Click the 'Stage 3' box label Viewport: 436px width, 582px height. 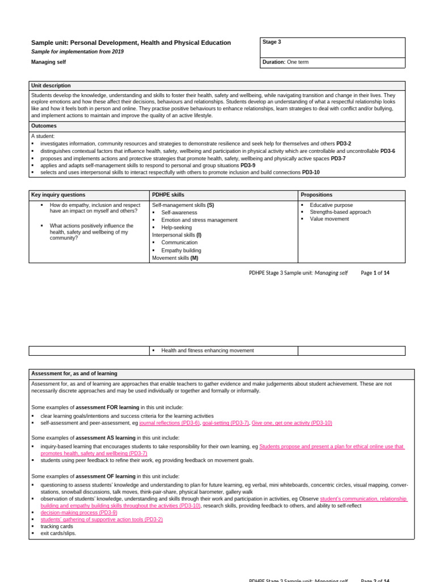point(271,42)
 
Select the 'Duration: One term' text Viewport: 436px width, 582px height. point(286,62)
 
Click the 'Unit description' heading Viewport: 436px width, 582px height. point(51,86)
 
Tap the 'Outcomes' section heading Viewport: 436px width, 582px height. point(44,126)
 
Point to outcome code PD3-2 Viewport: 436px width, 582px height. point(343,144)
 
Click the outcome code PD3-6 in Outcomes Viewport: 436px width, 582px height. point(388,151)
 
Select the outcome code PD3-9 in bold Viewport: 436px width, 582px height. point(248,165)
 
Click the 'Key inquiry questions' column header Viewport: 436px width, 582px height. point(58,195)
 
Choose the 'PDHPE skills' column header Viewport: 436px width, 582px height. point(168,195)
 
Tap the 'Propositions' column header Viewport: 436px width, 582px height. point(316,195)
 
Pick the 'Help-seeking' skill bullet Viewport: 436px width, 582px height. point(177,227)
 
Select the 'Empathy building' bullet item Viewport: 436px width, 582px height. point(181,251)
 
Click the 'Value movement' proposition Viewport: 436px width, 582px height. point(329,219)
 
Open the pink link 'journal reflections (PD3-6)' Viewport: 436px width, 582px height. point(169,423)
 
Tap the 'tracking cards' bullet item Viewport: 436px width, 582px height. point(57,526)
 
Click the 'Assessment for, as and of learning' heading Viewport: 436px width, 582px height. point(74,374)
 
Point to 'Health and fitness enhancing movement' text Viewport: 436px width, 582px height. point(207,351)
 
